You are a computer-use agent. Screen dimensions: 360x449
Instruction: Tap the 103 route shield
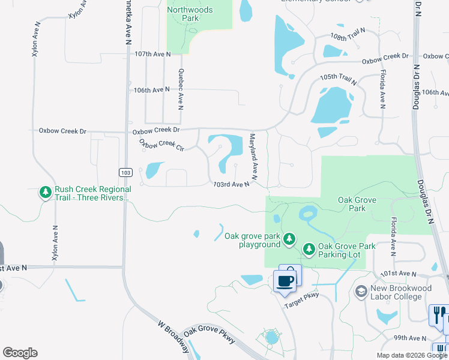pyautogui.click(x=125, y=173)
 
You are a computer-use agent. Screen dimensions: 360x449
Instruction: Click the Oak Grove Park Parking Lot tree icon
pyautogui.click(x=309, y=248)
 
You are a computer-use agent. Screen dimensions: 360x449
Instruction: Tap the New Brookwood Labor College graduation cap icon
pyautogui.click(x=361, y=292)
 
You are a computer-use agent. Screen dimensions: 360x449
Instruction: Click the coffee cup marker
pyautogui.click(x=285, y=280)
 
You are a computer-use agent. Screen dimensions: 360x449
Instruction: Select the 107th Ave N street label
pyautogui.click(x=152, y=54)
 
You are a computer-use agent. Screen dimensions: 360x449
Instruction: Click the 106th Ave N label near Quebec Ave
pyautogui.click(x=151, y=90)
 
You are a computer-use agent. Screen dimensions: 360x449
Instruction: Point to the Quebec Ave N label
pyautogui.click(x=180, y=89)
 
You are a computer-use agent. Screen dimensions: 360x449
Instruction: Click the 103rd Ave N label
pyautogui.click(x=231, y=185)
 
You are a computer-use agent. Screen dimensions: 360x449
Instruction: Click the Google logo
pyautogui.click(x=20, y=353)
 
